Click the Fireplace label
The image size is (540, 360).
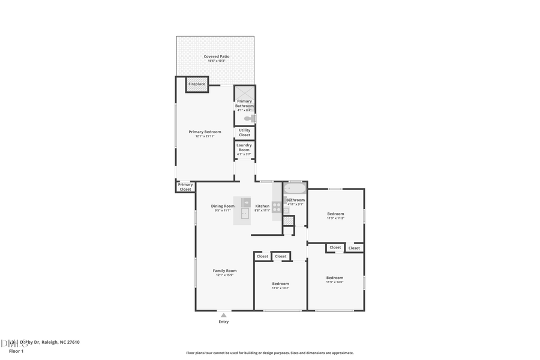point(197,84)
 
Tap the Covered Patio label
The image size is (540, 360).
point(216,56)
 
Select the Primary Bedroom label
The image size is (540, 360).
point(205,132)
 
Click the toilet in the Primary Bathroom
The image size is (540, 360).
point(248,119)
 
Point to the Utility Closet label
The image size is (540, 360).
point(244,133)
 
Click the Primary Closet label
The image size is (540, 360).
point(185,187)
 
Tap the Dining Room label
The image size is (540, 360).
point(223,206)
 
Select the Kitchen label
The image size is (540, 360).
point(262,206)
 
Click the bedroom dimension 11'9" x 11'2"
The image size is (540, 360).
point(335,218)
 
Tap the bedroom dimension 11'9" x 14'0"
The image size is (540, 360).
point(335,282)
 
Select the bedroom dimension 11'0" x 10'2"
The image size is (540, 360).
point(281,288)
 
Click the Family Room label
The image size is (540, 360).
point(224,271)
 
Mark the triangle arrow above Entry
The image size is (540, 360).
point(223,314)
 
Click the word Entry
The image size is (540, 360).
point(223,322)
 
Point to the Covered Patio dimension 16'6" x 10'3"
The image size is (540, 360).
point(216,61)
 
